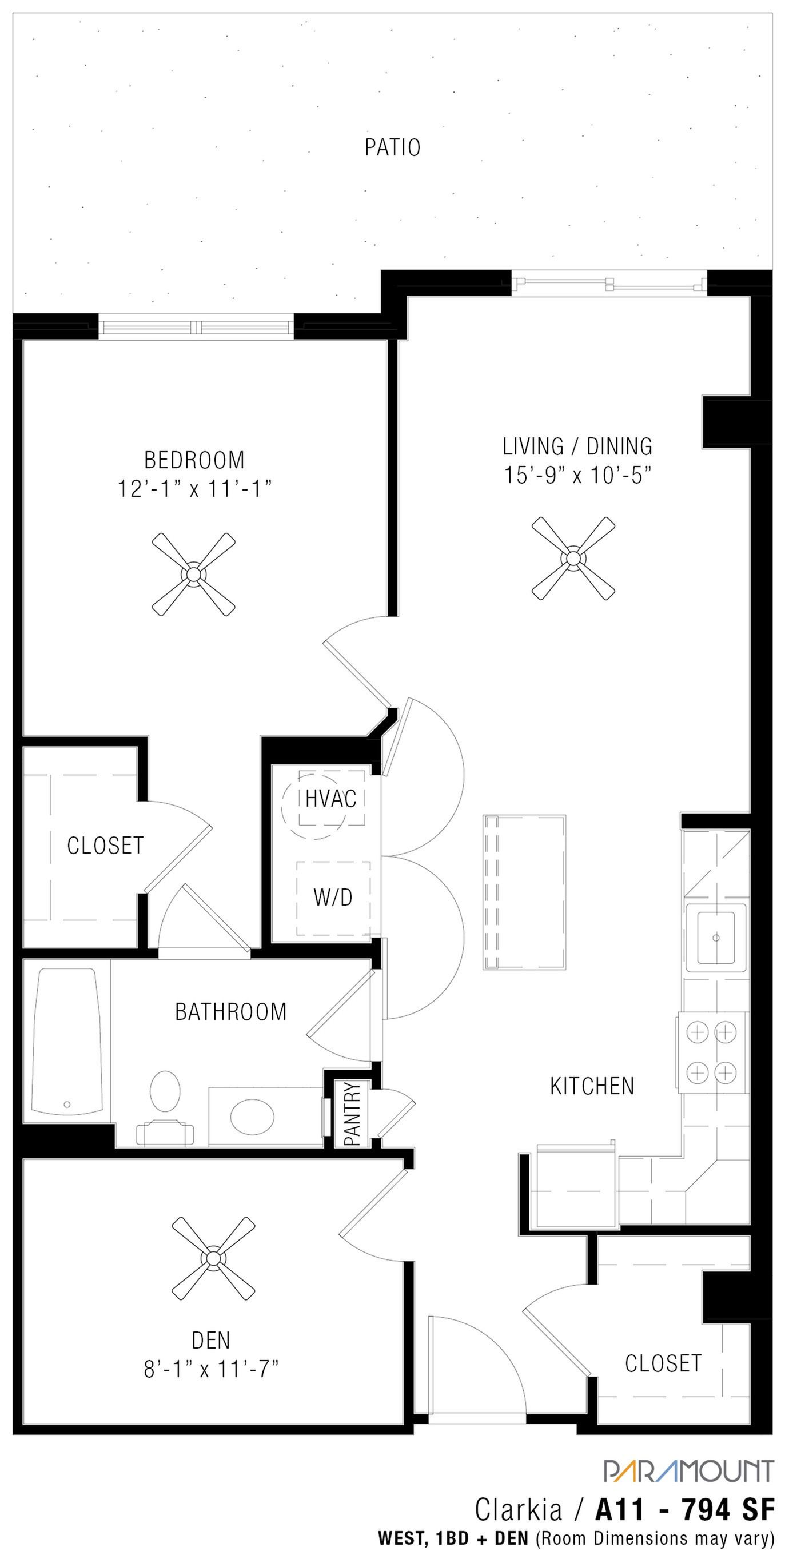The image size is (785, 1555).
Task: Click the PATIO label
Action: pos(392,148)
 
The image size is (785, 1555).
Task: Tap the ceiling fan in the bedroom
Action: pos(193,573)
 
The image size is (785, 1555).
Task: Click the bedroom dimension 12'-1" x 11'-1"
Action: pos(194,488)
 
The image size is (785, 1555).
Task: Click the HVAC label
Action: pos(330,799)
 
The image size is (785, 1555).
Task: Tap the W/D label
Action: pos(333,898)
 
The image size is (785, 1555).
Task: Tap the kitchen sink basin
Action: pos(716,938)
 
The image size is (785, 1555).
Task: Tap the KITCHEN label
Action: pos(592,1086)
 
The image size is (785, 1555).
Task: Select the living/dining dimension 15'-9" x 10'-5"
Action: pos(578,476)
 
